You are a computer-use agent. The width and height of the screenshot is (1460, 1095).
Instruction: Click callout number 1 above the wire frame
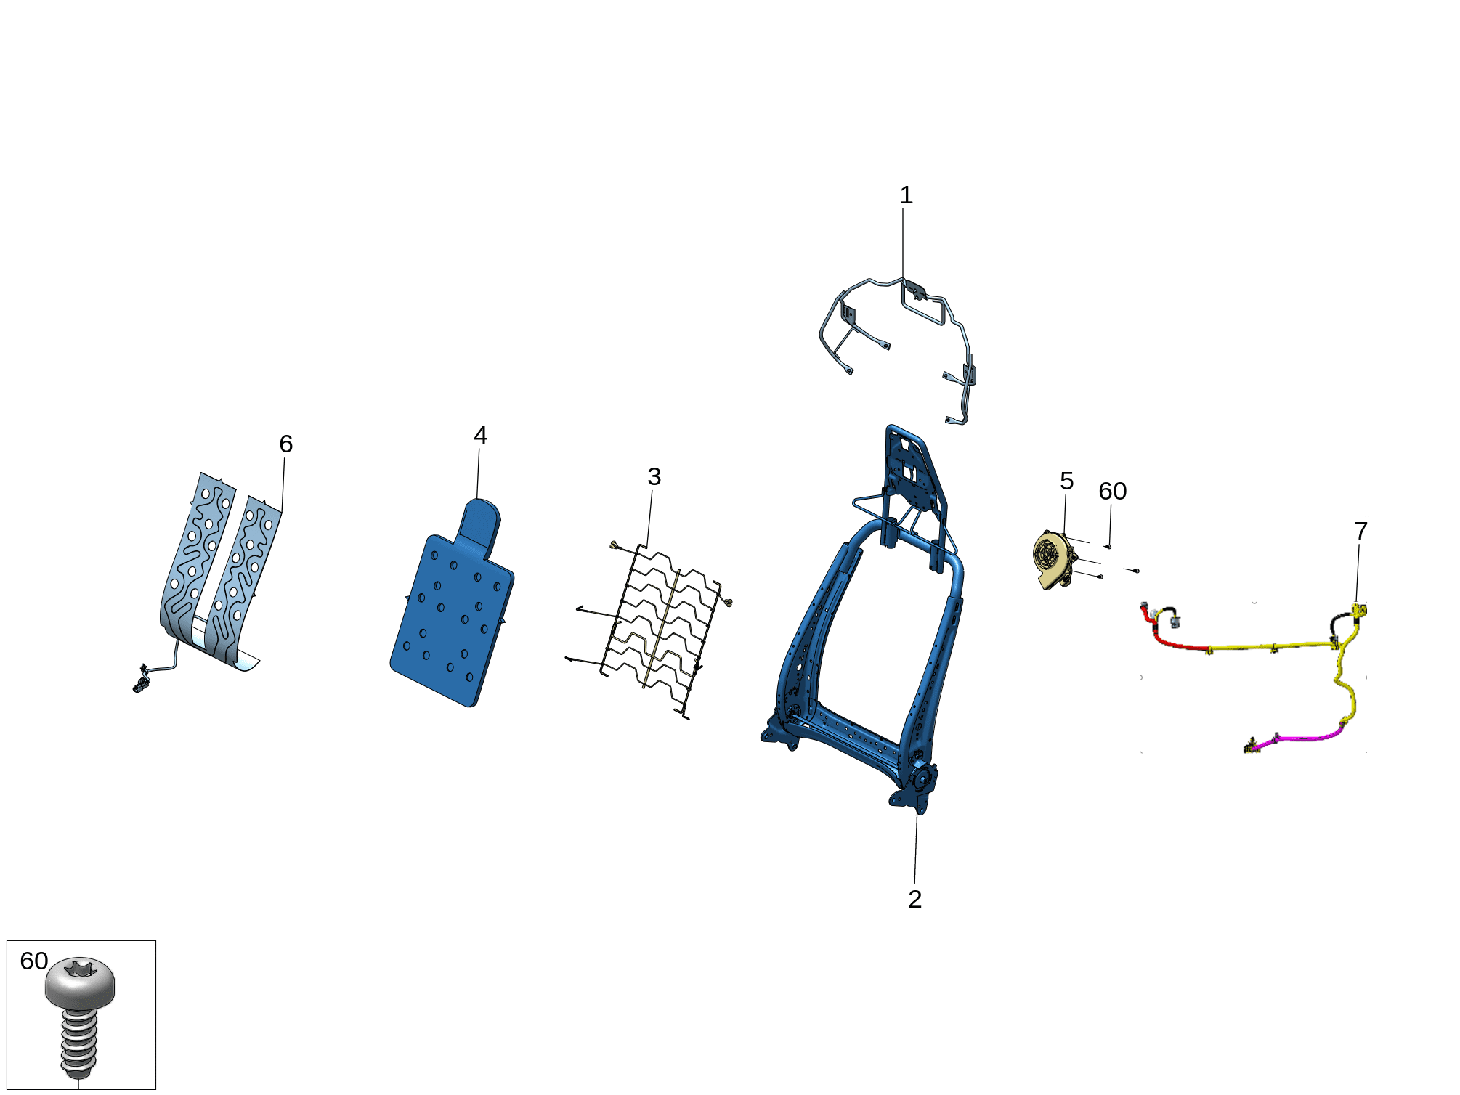pos(906,195)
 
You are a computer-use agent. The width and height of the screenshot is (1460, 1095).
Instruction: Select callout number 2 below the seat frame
pos(915,900)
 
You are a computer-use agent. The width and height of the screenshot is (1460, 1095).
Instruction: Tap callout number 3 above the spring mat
pos(654,477)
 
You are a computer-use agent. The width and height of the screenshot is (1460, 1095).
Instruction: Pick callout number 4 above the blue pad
pos(480,436)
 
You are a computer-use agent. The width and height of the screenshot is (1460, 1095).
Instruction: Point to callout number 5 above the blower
pos(1066,481)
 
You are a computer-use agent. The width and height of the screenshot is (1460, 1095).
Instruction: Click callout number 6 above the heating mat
pos(286,444)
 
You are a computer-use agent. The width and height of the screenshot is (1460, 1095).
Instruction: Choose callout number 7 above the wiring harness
pos(1361,532)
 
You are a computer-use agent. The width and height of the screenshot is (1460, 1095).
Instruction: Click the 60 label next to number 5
pos(1113,492)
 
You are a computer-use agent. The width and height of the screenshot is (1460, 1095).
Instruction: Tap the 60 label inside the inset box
pos(34,961)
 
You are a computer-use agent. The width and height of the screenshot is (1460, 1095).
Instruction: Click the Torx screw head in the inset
pos(80,981)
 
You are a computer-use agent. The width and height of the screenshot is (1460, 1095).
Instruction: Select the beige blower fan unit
pos(1055,560)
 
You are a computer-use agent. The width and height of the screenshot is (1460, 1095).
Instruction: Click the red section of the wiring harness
pos(1169,639)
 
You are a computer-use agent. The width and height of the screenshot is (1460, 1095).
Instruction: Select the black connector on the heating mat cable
pos(139,683)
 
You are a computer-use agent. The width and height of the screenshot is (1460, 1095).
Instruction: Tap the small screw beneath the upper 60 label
pos(1108,546)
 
